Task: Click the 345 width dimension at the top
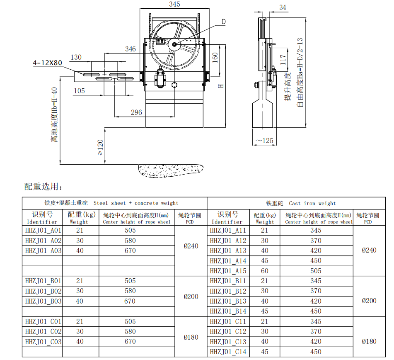(174, 5)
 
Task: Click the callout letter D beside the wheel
(223, 22)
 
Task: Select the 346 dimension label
(131, 49)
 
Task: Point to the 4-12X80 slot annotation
(48, 63)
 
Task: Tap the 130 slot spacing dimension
(76, 57)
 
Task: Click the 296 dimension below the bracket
(136, 112)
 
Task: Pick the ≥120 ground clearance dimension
(100, 147)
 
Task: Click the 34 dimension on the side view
(283, 7)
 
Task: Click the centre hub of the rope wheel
(174, 45)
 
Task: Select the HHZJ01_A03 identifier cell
(44, 251)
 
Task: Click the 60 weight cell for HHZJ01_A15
(264, 271)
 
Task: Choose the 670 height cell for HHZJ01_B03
(130, 301)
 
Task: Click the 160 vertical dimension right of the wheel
(215, 57)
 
